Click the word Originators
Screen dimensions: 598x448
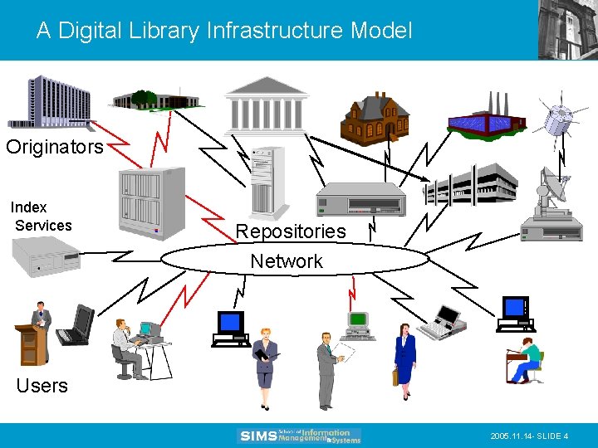55,148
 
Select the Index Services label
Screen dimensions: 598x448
42,217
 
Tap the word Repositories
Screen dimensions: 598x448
290,231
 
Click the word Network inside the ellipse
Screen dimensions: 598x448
287,261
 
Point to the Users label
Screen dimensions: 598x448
42,386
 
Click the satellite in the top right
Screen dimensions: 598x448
557,117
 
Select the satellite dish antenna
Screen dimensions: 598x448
552,190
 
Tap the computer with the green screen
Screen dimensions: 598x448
359,325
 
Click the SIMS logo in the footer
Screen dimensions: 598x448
299,436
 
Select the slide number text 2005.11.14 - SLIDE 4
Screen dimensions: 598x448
529,436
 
